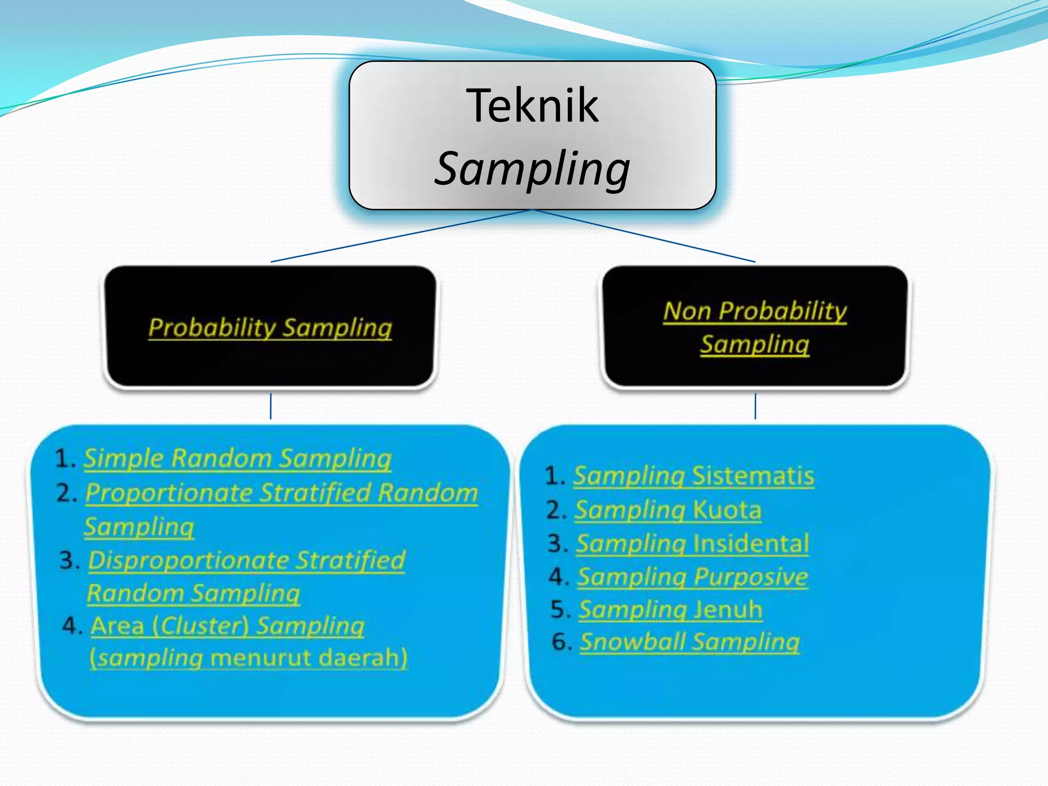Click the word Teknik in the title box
[x=532, y=105]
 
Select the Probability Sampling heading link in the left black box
[x=270, y=327]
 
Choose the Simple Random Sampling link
[x=237, y=458]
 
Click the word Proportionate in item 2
[x=169, y=493]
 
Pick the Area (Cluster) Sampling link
[x=228, y=625]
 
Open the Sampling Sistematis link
[x=693, y=476]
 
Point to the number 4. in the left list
[x=72, y=625]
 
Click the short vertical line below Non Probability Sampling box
[x=755, y=406]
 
